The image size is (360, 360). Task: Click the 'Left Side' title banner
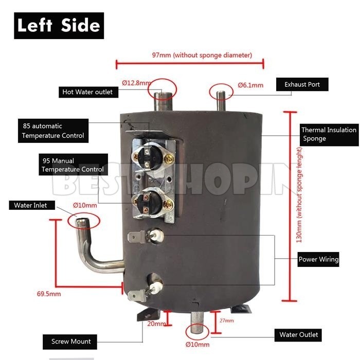pos(59,25)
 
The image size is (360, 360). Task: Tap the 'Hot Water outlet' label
pos(87,92)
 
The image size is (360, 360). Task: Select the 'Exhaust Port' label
pos(302,84)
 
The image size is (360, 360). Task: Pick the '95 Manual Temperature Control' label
pos(73,165)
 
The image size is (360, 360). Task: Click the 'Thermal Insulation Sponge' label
pos(328,134)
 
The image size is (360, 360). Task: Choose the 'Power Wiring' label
pos(318,259)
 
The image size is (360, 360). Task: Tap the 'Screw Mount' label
pos(70,341)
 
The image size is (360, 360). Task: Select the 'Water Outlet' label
pos(298,335)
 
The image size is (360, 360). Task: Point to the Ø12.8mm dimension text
pos(136,83)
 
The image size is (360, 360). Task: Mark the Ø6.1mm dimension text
pos(250,85)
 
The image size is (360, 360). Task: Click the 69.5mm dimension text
pos(49,294)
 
